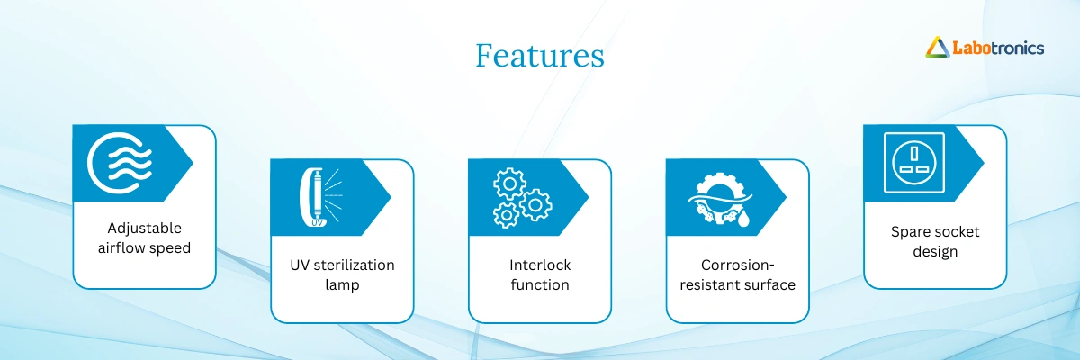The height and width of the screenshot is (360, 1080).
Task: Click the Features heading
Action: [x=539, y=56]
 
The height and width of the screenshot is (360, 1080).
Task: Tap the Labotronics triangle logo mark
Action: [x=937, y=47]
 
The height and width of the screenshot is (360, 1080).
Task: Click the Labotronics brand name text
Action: [x=998, y=49]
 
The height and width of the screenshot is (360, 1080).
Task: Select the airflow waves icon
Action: [x=120, y=163]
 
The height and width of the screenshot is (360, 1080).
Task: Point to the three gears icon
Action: [x=522, y=198]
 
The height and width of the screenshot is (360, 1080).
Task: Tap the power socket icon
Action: [x=914, y=162]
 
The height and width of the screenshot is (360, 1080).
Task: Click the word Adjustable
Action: [x=144, y=228]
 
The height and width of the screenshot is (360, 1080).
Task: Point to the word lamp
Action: [x=342, y=284]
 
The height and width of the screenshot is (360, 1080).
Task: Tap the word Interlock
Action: [x=540, y=265]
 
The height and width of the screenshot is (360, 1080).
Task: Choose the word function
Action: [x=540, y=284]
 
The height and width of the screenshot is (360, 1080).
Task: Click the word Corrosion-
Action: [x=738, y=265]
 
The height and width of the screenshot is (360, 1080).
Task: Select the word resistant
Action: [x=711, y=284]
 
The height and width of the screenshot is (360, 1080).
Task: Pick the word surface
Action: [x=771, y=284]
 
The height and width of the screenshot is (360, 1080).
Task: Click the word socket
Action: [x=957, y=232]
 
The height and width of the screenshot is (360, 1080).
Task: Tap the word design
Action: [x=935, y=252]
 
